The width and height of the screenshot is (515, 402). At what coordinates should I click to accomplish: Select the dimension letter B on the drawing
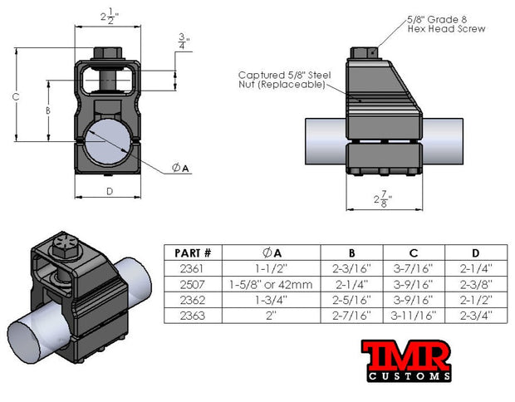click(x=48, y=110)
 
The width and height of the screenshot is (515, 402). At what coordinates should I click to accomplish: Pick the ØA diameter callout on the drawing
click(x=181, y=169)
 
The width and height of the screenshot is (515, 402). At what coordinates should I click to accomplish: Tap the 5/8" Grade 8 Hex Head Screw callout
click(x=447, y=23)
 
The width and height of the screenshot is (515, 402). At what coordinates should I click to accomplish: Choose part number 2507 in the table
click(x=191, y=284)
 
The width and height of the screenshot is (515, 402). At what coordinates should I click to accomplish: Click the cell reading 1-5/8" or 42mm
click(x=272, y=284)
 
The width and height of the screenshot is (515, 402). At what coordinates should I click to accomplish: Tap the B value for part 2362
click(x=354, y=299)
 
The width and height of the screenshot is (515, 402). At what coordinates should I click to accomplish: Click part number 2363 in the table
click(x=191, y=315)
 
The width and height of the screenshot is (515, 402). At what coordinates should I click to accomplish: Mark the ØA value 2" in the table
click(x=272, y=315)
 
